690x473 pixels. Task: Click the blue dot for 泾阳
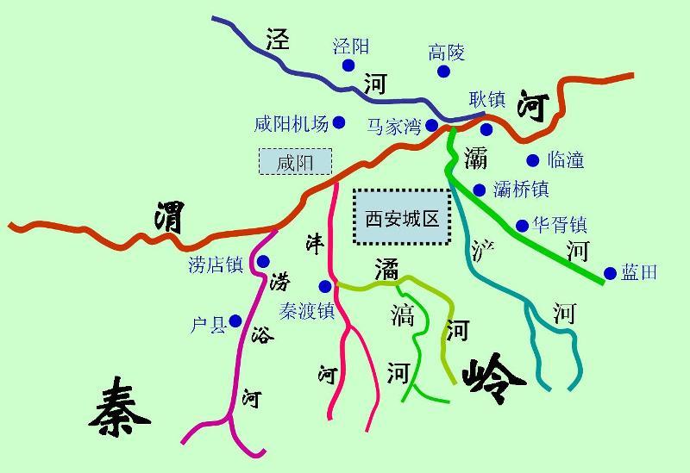click(348, 65)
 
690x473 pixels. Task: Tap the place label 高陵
click(447, 53)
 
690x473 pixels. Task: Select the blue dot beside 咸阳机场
click(339, 123)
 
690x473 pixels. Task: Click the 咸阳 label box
click(296, 162)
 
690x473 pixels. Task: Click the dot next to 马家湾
click(432, 126)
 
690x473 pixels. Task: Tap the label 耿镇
click(487, 99)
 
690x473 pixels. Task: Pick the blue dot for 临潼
click(532, 159)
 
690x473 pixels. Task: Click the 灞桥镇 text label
click(521, 190)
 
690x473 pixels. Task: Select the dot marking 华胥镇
click(522, 226)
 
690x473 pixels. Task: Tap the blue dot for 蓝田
click(611, 273)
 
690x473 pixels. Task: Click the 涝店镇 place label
click(216, 265)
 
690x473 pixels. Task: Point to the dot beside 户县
click(235, 321)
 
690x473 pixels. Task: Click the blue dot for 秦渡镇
click(325, 286)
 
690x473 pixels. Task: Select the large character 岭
click(493, 377)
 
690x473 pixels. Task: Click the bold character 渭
click(168, 217)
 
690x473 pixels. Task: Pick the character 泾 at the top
click(278, 40)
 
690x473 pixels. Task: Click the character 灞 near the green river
click(475, 158)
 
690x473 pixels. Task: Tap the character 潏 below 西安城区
click(386, 269)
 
